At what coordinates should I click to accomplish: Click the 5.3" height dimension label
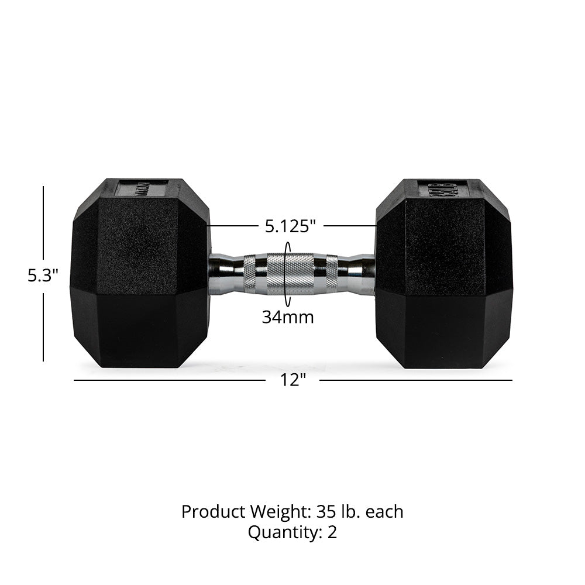coord(43,276)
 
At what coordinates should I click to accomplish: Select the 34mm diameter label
coord(287,318)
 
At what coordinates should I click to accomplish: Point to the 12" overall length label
coord(292,380)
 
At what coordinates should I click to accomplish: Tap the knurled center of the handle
coord(287,273)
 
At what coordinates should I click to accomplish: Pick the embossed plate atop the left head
coord(141,188)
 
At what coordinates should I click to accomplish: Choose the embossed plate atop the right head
coord(442,188)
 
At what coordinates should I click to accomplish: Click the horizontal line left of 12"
coord(170,380)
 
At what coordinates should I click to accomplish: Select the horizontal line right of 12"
coord(415,380)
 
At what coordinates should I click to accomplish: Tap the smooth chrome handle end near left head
coord(225,274)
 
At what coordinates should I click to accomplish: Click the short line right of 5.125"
coord(349,226)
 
